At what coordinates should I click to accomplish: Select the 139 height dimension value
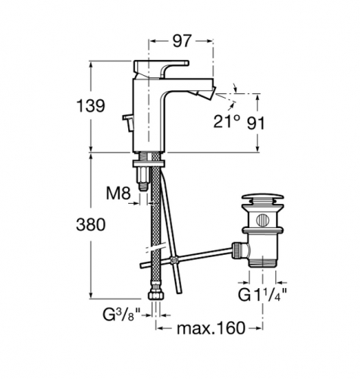[x=90, y=105]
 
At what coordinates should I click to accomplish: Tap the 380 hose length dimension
[x=90, y=224]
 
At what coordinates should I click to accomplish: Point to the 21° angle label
[x=227, y=121]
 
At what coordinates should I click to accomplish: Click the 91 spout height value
[x=255, y=124]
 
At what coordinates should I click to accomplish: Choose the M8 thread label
[x=118, y=193]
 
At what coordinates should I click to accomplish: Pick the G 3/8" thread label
[x=121, y=314]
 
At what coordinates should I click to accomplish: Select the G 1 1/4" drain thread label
[x=262, y=295]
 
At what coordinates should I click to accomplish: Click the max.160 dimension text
[x=211, y=328]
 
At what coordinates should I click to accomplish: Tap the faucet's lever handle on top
[x=161, y=66]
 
